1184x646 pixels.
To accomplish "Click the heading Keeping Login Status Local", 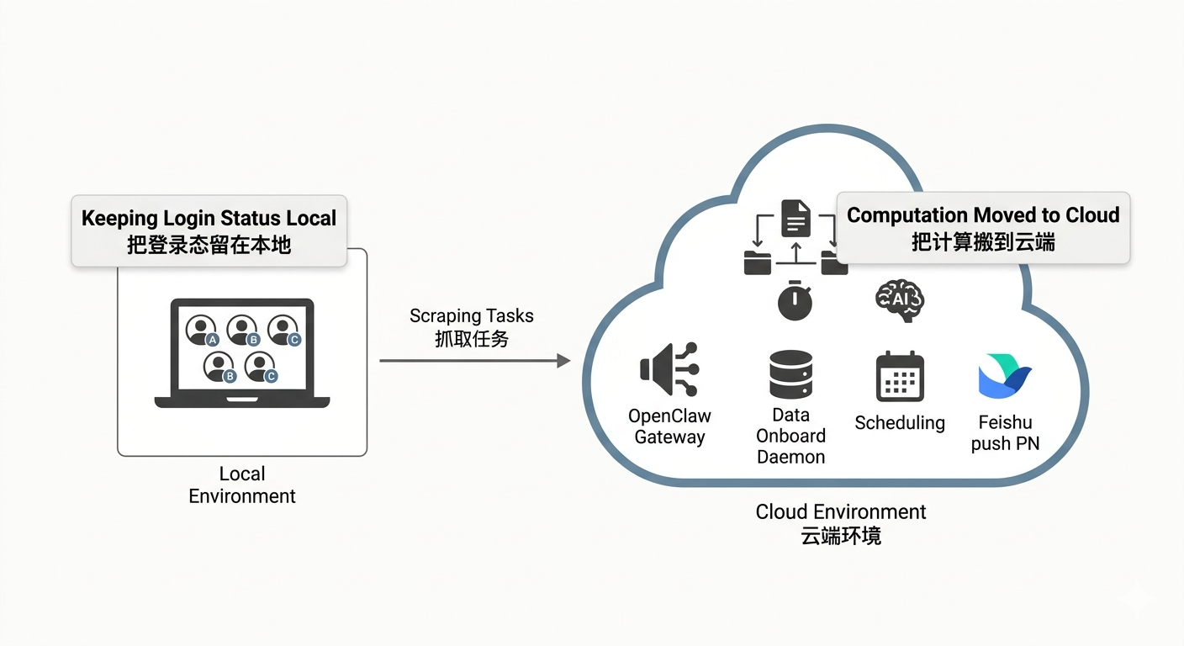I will (x=209, y=218).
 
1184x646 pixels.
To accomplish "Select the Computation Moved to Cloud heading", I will (x=983, y=215).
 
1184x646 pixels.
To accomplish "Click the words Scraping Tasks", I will (x=471, y=316).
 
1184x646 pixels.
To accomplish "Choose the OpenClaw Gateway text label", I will (x=669, y=426).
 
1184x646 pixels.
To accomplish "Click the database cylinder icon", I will (x=790, y=374).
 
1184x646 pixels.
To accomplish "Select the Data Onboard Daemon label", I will (x=790, y=436).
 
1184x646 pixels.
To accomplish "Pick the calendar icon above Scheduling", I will (x=900, y=376).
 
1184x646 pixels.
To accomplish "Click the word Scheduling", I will (x=900, y=423).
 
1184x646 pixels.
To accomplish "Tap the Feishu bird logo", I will (x=1005, y=375).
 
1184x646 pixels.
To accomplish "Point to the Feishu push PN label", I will (x=1005, y=432).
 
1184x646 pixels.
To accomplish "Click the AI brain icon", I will (x=900, y=299).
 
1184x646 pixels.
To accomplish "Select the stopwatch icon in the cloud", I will (x=795, y=302).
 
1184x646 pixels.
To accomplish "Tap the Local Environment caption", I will (x=242, y=485).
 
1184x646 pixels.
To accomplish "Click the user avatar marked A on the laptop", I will (x=202, y=330).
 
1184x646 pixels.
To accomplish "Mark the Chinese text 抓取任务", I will (x=471, y=339).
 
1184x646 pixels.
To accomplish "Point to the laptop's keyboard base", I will (x=242, y=402).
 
